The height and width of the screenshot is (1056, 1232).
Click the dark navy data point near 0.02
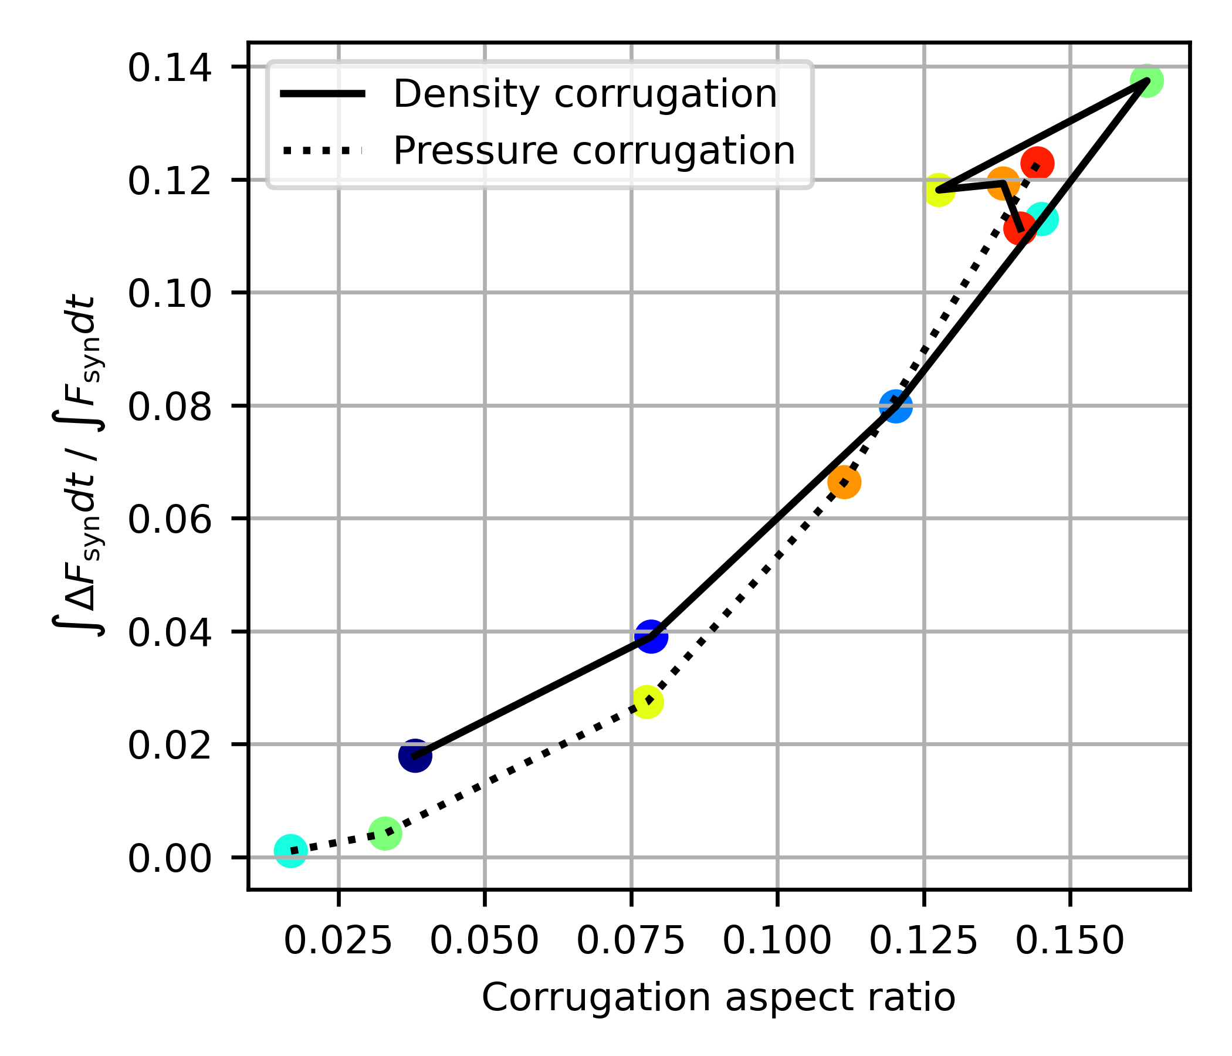pyautogui.click(x=415, y=756)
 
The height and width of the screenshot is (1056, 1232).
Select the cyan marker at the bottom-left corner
pyautogui.click(x=290, y=851)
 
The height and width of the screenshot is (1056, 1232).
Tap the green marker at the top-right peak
pyautogui.click(x=1147, y=80)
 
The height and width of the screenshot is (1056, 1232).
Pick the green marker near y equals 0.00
pyautogui.click(x=385, y=834)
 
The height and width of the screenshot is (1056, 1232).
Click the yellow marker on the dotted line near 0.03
pyautogui.click(x=647, y=702)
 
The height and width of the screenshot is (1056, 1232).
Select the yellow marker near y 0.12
pyautogui.click(x=938, y=190)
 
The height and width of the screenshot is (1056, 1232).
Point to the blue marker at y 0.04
pyautogui.click(x=651, y=636)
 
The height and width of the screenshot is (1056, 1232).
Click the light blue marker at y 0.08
pyautogui.click(x=895, y=406)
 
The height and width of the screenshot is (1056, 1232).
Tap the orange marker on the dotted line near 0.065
pyautogui.click(x=844, y=482)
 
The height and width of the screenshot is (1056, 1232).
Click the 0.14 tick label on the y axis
pyautogui.click(x=170, y=68)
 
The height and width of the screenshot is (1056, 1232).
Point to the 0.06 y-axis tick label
pyautogui.click(x=170, y=520)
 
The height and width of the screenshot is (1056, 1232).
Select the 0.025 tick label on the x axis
pyautogui.click(x=338, y=942)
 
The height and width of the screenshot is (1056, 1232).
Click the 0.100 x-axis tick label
pyautogui.click(x=777, y=942)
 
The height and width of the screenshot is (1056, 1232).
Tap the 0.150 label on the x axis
pyautogui.click(x=1069, y=942)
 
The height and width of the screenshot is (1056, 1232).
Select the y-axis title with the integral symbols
pyautogui.click(x=77, y=467)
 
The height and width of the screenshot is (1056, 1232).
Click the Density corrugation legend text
pyautogui.click(x=585, y=94)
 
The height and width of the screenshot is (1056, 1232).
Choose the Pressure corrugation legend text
pyautogui.click(x=594, y=150)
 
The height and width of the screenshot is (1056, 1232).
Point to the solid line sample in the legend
pyautogui.click(x=321, y=94)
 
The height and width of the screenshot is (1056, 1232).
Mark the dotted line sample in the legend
pyautogui.click(x=321, y=151)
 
